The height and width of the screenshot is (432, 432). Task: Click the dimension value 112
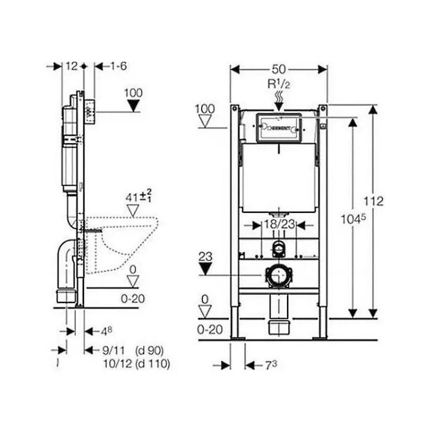coord(373,201)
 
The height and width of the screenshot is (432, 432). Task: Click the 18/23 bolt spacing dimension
coord(278,225)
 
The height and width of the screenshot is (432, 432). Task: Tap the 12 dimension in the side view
coord(72,66)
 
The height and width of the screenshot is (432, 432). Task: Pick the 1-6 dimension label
coord(118,66)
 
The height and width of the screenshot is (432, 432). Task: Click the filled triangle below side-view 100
coord(133,106)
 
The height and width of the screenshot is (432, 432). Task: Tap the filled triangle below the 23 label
coord(206,268)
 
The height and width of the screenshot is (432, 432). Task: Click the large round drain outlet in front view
coord(278,276)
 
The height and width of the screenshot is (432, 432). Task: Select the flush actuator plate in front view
coord(278,127)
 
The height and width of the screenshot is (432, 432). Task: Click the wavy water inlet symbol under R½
coord(278,96)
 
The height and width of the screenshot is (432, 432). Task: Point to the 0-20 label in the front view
coord(209,330)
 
